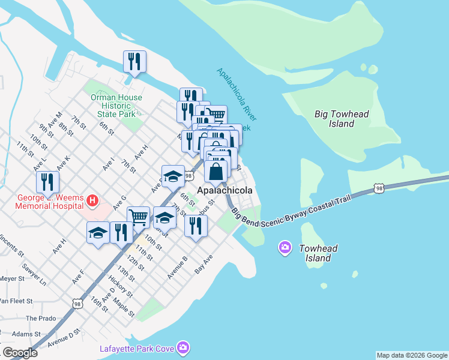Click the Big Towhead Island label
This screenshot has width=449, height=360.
click(x=342, y=119)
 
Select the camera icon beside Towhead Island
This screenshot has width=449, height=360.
click(x=285, y=247)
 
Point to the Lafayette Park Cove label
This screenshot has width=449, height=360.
click(x=137, y=349)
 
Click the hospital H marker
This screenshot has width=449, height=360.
click(x=92, y=200)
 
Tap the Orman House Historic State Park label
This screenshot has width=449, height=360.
click(x=116, y=106)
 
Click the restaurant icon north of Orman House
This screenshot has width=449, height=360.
click(x=134, y=61)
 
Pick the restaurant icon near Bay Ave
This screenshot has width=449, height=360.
click(x=196, y=225)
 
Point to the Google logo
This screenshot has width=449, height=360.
click(x=20, y=353)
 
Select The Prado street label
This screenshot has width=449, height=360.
click(x=40, y=319)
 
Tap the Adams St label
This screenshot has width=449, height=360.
click(x=26, y=334)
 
